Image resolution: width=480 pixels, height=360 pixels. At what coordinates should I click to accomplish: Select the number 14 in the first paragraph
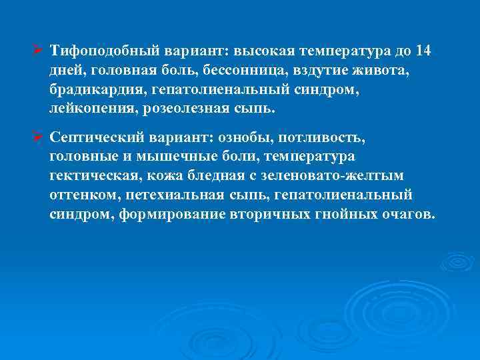[x=423, y=51]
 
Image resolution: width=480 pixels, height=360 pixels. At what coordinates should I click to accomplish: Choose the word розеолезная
[x=184, y=107]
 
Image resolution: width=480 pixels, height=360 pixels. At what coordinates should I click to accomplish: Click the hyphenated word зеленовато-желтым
[x=347, y=175]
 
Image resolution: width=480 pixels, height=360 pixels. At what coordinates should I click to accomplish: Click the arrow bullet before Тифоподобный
[x=39, y=51]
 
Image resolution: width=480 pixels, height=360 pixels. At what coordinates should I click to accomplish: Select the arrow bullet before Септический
[x=39, y=137]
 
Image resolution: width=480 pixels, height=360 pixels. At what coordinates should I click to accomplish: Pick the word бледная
[x=217, y=175]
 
